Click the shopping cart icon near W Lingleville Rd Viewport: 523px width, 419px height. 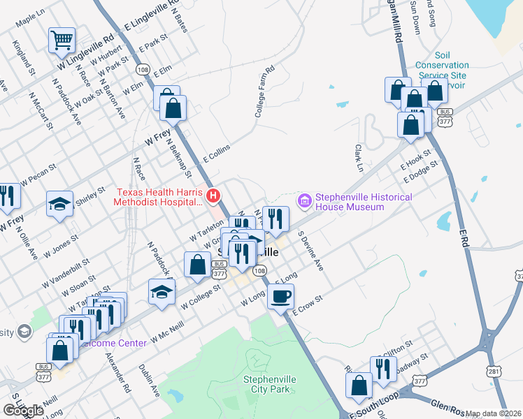click(x=62, y=41)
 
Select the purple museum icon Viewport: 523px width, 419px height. click(x=304, y=202)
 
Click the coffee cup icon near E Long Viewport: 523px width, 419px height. click(x=281, y=296)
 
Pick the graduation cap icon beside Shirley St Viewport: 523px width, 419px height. click(x=59, y=204)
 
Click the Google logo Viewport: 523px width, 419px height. click(x=23, y=410)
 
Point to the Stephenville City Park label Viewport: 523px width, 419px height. click(x=270, y=385)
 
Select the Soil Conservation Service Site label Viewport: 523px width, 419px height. click(x=441, y=70)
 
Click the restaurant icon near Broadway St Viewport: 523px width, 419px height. click(x=383, y=368)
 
